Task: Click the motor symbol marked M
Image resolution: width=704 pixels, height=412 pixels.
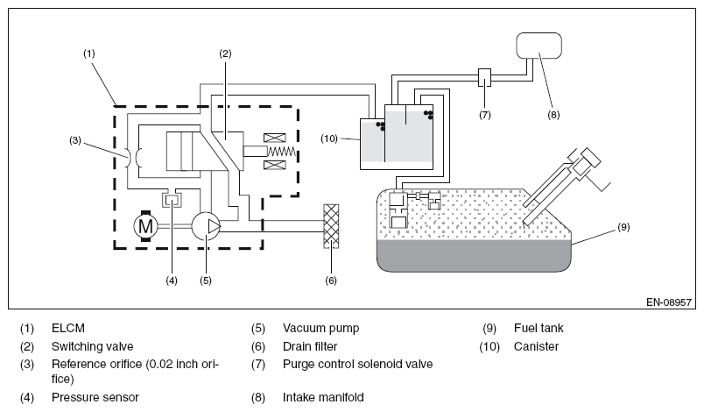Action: point(145,226)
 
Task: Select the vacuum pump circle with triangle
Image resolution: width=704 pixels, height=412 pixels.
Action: point(206,226)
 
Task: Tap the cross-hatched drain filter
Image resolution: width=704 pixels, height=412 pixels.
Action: point(331,226)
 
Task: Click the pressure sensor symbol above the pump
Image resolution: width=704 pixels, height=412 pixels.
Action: point(172,199)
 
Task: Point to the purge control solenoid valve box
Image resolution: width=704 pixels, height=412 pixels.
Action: point(484,77)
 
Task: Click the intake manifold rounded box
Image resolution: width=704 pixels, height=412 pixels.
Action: point(539,46)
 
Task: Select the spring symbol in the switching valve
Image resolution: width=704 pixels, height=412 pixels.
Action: point(281,152)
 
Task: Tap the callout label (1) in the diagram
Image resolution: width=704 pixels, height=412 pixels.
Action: point(89,53)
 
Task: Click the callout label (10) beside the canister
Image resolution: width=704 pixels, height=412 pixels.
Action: point(328,139)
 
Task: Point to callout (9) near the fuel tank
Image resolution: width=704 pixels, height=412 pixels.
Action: point(623,227)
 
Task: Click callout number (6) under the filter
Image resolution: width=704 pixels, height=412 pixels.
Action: point(331,281)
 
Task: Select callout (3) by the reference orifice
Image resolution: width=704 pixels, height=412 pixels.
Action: point(75,140)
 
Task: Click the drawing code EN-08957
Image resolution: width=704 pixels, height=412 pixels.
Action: point(669,302)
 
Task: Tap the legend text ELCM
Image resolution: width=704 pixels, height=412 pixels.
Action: point(68,328)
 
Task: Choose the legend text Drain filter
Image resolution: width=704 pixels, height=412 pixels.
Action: point(310,346)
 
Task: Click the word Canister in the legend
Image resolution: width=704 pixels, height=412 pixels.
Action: point(536,346)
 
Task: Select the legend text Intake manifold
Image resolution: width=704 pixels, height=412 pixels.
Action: point(323,397)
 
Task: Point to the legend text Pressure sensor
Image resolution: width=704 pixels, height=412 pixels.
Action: point(95,397)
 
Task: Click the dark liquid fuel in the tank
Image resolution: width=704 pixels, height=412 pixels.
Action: point(474,256)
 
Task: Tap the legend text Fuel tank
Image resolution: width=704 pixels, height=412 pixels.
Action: point(539,328)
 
